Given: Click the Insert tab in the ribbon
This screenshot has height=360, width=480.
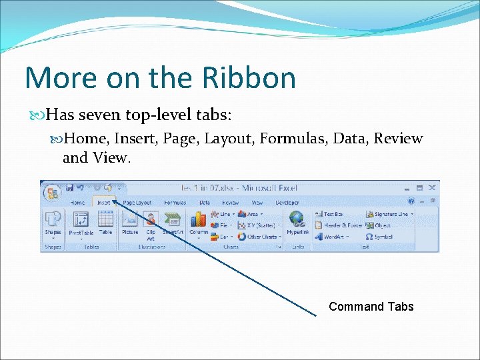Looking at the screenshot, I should point(103,203).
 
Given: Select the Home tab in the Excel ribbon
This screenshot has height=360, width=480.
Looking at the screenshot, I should point(77,203).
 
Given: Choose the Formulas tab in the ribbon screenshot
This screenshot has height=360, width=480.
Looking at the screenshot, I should point(175,203).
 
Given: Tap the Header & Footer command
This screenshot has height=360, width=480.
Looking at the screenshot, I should point(339,225).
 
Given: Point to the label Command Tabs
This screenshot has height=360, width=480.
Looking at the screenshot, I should point(371,307).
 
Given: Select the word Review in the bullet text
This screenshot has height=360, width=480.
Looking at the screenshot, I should point(398,139).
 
